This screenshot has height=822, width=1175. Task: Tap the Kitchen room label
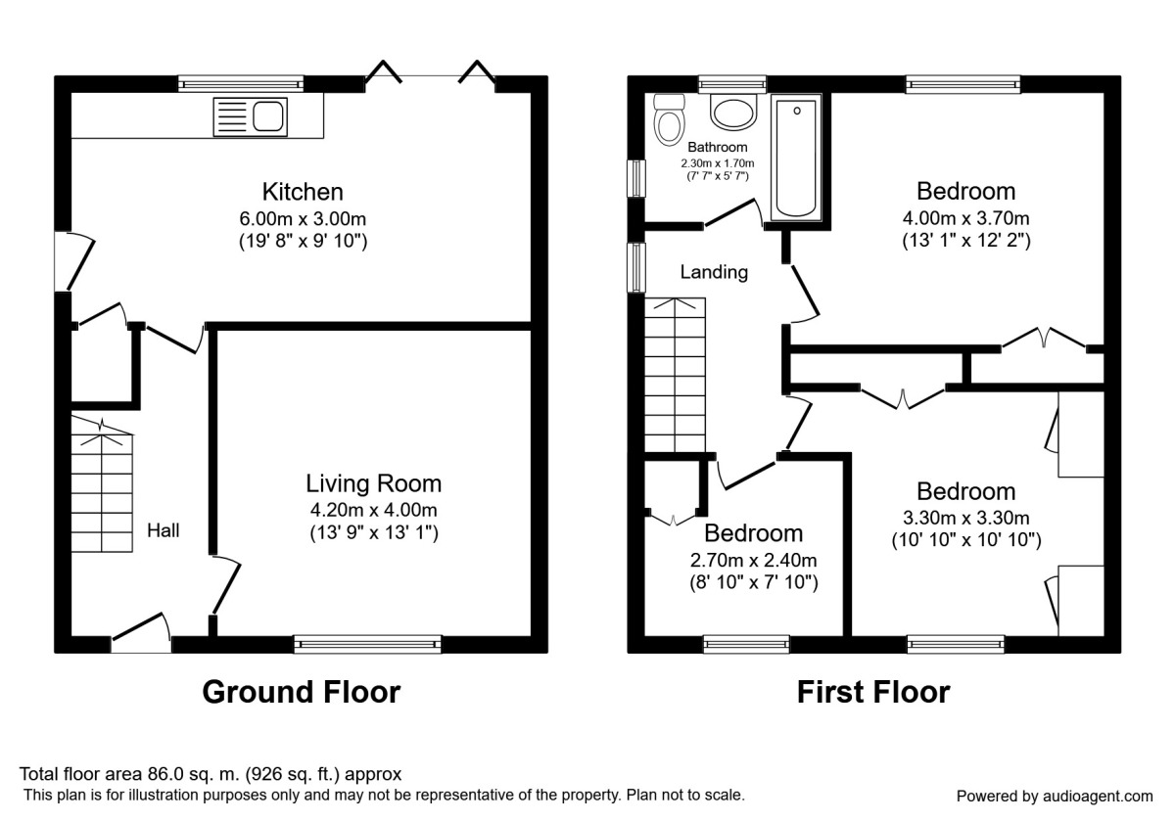[303, 191]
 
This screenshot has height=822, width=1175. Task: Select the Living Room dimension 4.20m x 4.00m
[372, 509]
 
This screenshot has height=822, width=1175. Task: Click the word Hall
[164, 530]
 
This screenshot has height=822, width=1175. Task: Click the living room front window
[367, 643]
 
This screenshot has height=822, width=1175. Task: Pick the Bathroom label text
[718, 148]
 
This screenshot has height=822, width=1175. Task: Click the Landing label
[714, 273]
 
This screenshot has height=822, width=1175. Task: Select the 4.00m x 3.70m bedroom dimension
[965, 217]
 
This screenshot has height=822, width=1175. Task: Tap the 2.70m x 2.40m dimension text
[753, 561]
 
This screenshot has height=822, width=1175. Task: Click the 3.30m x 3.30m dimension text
[965, 518]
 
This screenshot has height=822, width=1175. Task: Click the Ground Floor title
[301, 692]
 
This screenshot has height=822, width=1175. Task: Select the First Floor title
[872, 692]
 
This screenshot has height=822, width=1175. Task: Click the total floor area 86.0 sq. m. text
[211, 774]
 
